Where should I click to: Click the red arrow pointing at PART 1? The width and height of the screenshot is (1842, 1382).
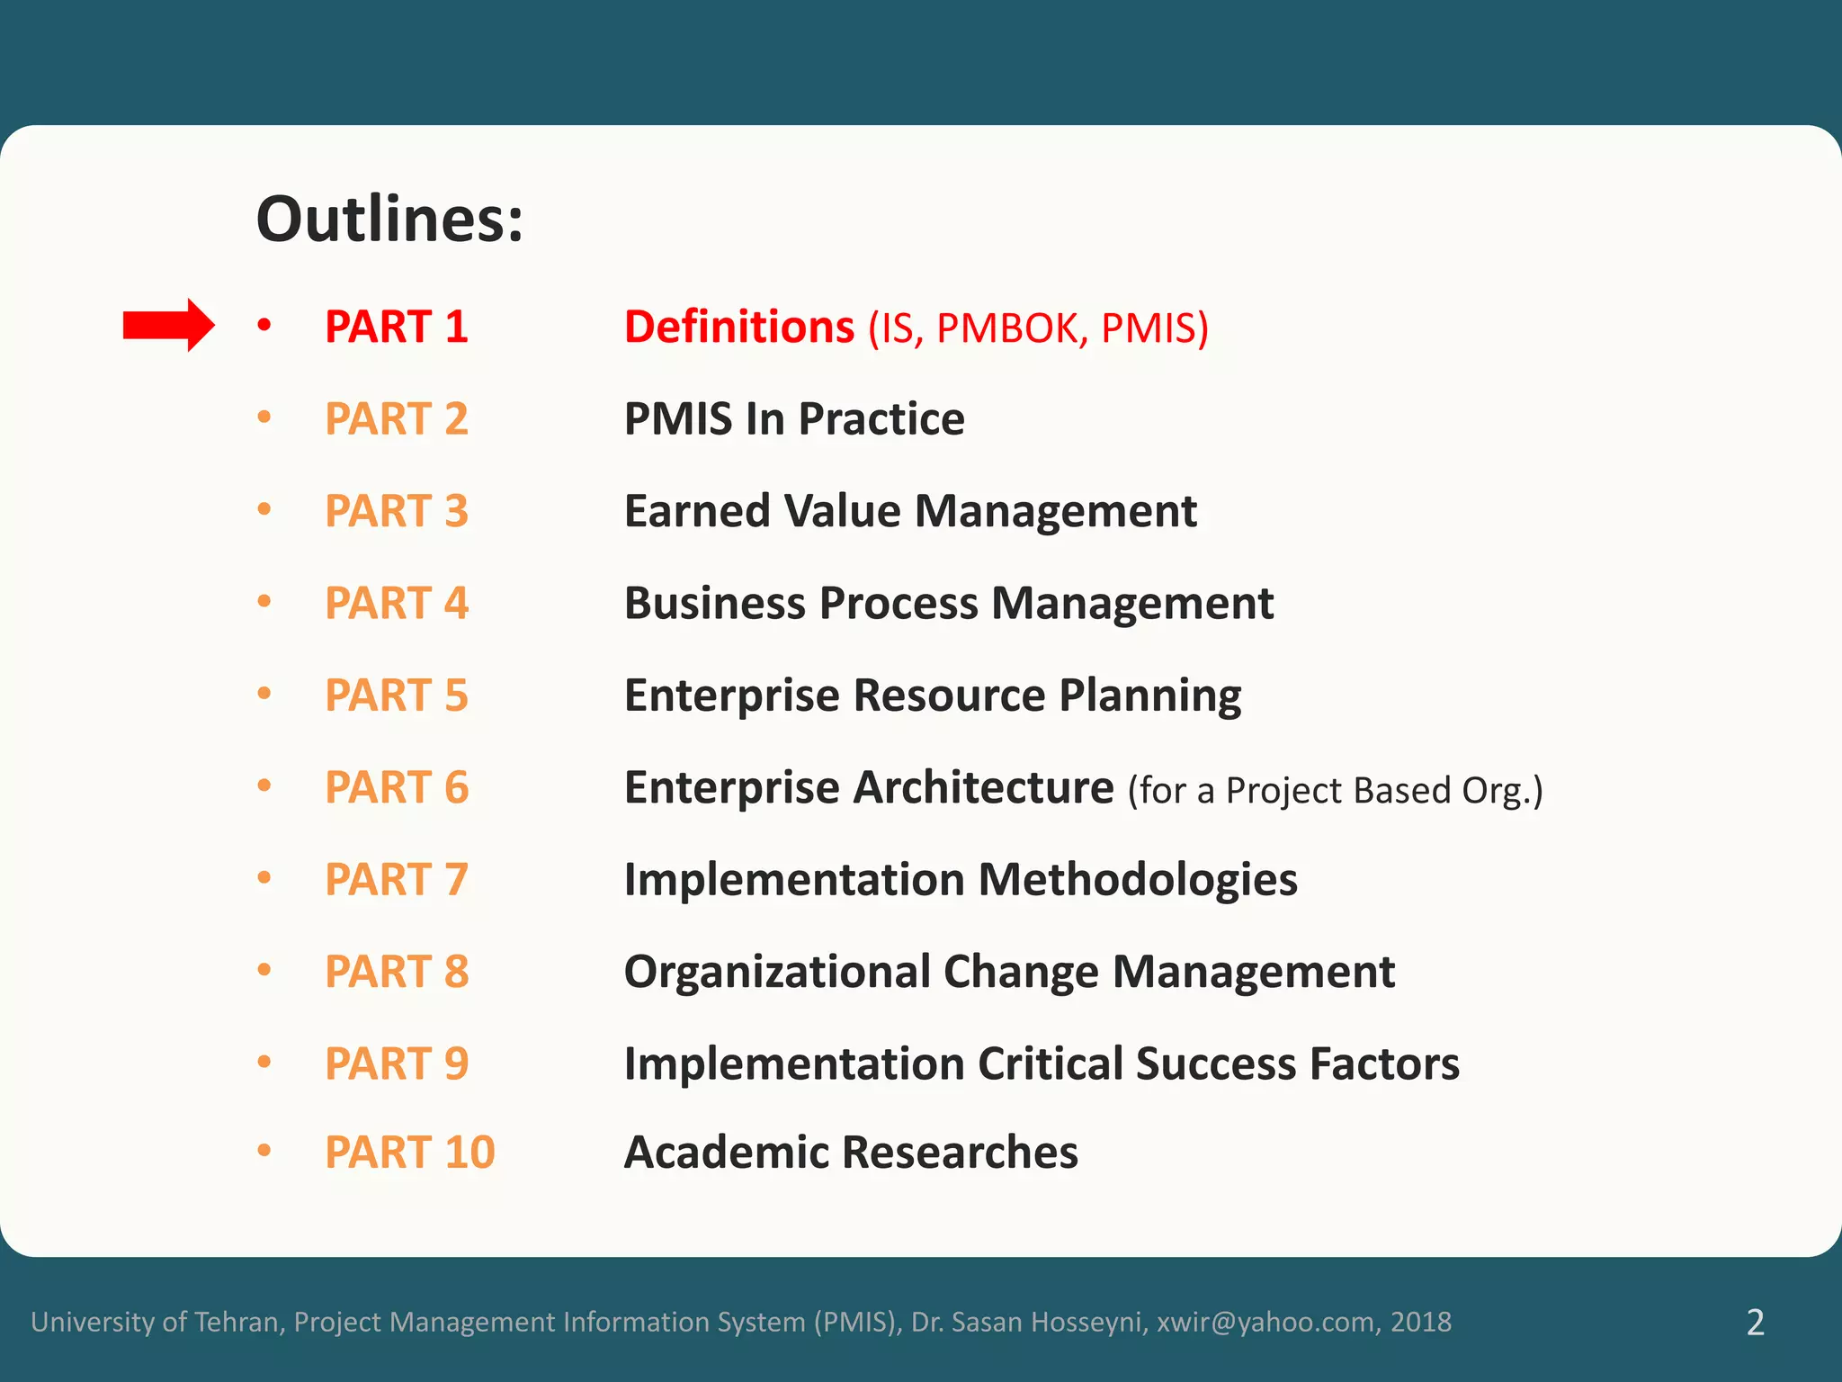[168, 325]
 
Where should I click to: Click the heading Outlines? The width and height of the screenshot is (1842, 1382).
[389, 220]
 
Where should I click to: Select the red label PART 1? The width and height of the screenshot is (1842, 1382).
[396, 327]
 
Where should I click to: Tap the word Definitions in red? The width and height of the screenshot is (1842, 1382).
[738, 327]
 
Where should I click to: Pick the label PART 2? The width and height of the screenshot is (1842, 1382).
[396, 419]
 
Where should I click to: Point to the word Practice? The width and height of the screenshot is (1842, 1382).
[881, 419]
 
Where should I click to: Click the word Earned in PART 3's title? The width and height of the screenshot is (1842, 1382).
[697, 511]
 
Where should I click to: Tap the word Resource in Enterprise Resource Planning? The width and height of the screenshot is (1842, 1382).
[949, 695]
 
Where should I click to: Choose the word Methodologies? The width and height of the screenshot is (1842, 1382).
[1138, 880]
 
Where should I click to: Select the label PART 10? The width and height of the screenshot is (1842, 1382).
[409, 1153]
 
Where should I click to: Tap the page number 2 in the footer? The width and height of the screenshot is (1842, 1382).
[1755, 1322]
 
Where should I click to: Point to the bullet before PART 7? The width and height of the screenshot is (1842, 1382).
[264, 877]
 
